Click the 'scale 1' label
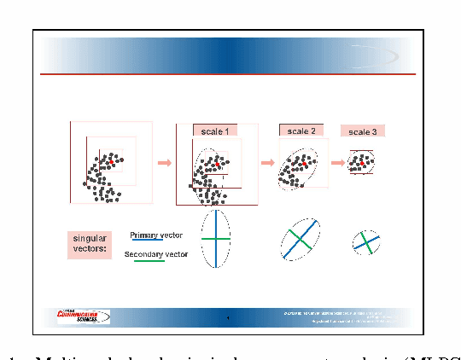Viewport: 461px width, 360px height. [x=215, y=131]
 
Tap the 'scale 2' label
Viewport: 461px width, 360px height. [x=301, y=131]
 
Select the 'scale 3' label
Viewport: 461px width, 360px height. [x=362, y=131]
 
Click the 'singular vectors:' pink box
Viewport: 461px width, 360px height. [x=89, y=244]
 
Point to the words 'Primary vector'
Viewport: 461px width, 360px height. [x=156, y=235]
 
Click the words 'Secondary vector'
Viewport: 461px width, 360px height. [x=156, y=254]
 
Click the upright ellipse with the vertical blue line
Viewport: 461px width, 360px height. [x=216, y=239]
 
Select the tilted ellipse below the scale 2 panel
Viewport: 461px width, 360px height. [x=300, y=240]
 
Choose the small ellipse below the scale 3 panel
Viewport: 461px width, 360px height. [x=366, y=243]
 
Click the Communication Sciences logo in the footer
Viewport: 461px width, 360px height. [x=84, y=316]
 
